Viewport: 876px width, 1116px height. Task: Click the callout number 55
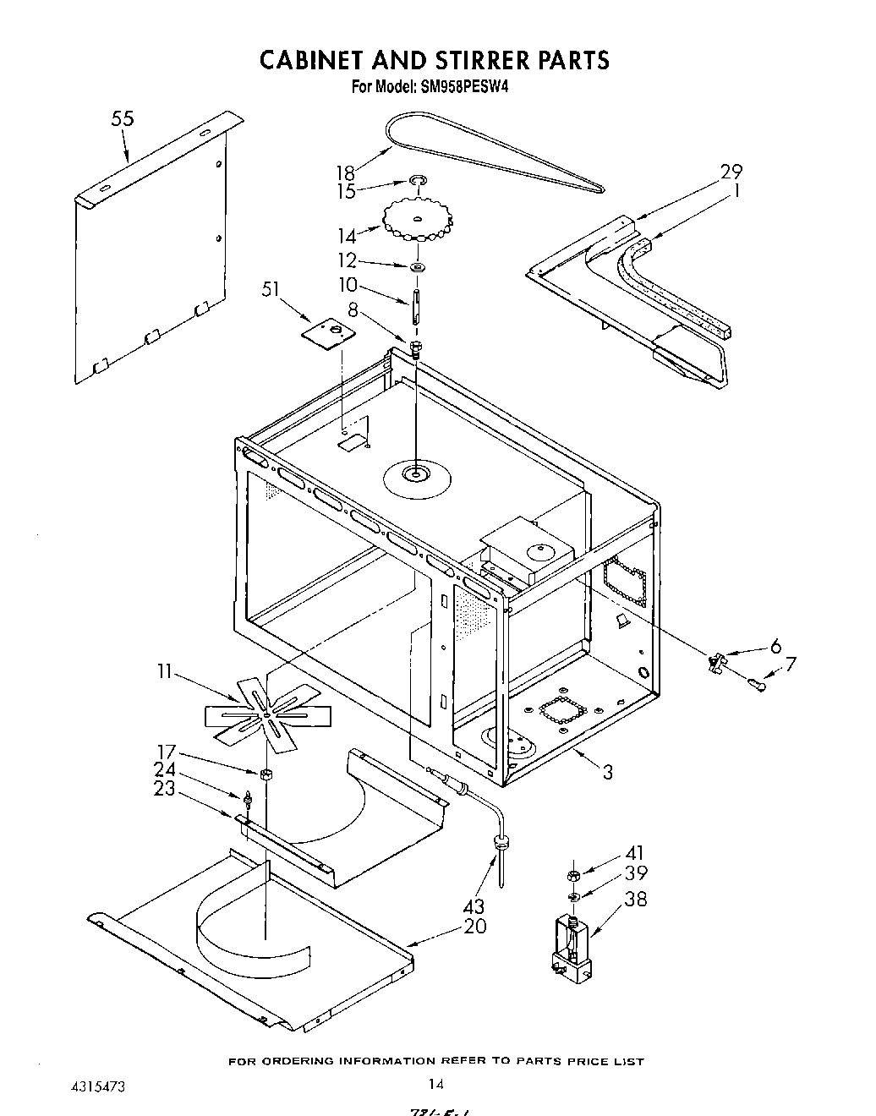(x=123, y=119)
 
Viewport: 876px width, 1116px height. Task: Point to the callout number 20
(x=476, y=926)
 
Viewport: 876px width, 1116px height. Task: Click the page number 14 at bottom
(x=435, y=1085)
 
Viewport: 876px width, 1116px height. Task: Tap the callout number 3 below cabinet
(x=607, y=771)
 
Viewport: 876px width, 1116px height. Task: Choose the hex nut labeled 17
(x=266, y=773)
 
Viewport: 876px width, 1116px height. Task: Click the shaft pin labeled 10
(x=417, y=306)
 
